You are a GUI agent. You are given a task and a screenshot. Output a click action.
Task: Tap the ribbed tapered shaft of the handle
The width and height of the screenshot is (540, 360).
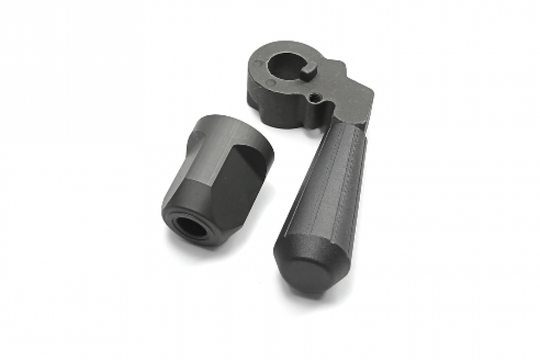[329, 180]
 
